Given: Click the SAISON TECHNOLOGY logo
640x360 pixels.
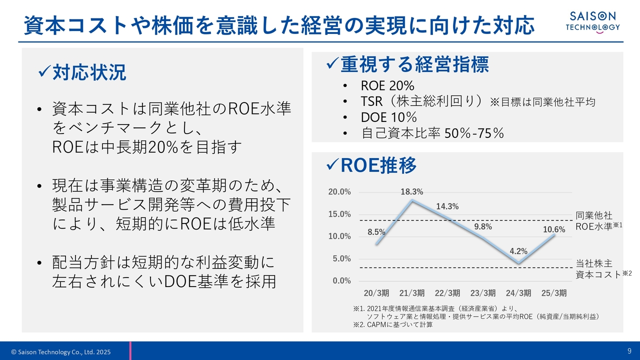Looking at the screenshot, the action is point(593,22).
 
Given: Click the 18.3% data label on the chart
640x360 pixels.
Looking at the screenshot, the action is point(411,191).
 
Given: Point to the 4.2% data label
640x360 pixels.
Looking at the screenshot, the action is point(518,251).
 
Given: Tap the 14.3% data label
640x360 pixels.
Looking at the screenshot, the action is point(447,206).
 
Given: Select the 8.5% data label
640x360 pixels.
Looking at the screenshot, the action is point(376,232).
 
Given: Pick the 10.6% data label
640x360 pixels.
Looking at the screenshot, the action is point(554,229).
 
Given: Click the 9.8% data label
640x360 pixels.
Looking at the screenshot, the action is point(483,226).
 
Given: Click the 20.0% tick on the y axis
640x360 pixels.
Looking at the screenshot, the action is point(339,191).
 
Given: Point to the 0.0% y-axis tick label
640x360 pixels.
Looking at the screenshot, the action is point(341,280).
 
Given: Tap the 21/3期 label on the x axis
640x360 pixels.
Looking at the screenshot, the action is point(411,293).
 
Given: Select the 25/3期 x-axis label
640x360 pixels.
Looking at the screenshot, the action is point(554,293).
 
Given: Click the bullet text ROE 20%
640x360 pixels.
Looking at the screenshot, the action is point(387,85).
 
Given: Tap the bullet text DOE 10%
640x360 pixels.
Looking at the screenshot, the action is point(389,117).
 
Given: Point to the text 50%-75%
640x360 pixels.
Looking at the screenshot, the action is point(474,133).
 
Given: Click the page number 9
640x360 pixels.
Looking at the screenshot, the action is point(629,351).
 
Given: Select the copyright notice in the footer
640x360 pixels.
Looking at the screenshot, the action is point(61,351).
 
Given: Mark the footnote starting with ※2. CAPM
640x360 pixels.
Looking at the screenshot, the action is point(393,324).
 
